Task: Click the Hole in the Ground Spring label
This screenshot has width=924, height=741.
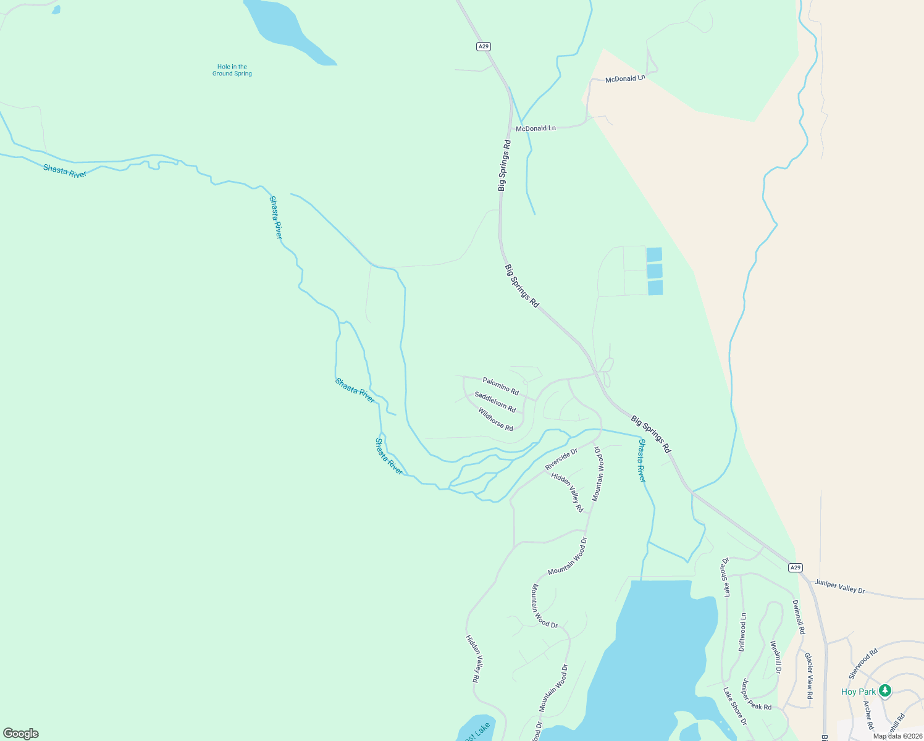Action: [232, 70]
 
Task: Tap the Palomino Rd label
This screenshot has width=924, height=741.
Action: [500, 386]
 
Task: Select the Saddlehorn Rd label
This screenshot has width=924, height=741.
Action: [495, 401]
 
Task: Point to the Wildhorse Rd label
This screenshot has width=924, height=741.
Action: [495, 419]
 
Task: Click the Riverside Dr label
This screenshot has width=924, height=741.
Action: [561, 459]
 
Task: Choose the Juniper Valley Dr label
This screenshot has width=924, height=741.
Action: [839, 587]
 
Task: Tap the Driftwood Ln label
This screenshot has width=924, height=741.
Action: [743, 632]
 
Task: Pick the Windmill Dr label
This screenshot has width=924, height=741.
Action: [776, 657]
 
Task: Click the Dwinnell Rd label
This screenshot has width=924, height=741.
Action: [799, 617]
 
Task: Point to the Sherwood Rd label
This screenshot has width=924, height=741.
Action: [863, 664]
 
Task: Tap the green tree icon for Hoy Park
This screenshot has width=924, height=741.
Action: [885, 690]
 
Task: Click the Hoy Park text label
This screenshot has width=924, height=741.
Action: [858, 692]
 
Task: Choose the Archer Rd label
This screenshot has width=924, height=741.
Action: [868, 714]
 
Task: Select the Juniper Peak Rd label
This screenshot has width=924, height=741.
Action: [757, 695]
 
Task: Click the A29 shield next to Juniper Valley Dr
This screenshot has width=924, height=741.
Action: [796, 567]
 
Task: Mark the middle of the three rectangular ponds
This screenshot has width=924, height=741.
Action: [655, 271]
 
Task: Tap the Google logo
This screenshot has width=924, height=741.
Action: [21, 734]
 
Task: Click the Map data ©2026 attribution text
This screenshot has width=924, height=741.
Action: [897, 736]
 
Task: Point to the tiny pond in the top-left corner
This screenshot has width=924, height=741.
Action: [56, 10]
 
